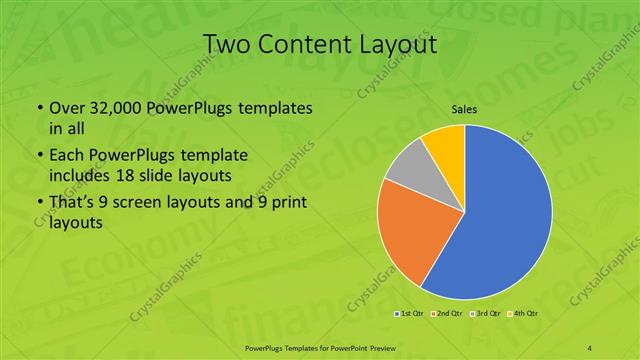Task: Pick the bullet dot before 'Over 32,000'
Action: coord(38,108)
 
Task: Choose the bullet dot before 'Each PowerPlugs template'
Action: coord(38,157)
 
